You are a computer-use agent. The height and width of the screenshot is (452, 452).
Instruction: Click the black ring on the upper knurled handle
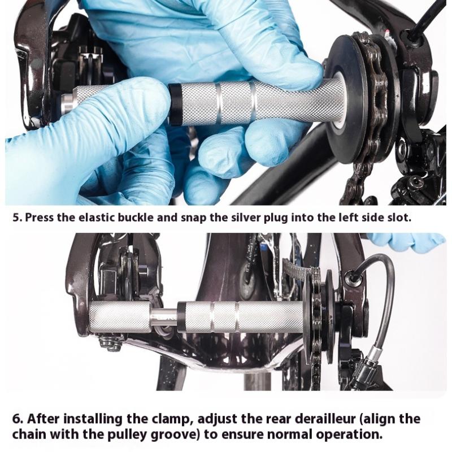[x=175, y=106]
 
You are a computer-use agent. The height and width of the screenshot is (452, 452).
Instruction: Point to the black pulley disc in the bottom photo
[x=330, y=317]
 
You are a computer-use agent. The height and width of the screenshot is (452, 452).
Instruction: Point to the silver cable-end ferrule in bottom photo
[x=375, y=353]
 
